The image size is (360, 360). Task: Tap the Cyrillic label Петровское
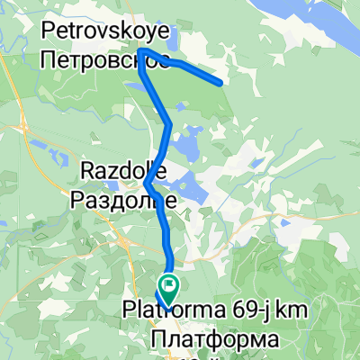coord(94,60)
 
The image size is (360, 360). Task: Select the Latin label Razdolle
coord(114,170)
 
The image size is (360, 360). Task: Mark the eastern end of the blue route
coord(220,83)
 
